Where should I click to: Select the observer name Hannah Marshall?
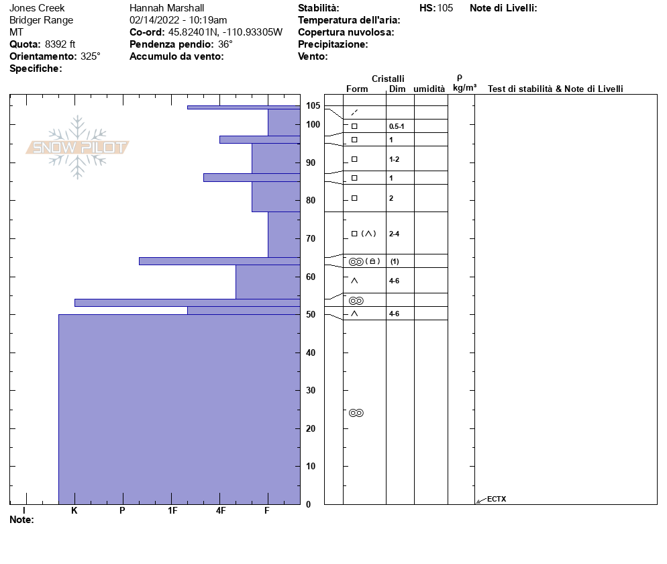click(x=166, y=8)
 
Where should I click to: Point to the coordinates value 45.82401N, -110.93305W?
click(x=225, y=32)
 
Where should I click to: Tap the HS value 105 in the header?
click(x=445, y=8)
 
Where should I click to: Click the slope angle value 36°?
click(x=225, y=44)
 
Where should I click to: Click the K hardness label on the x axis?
click(x=74, y=511)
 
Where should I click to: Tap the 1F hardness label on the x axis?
click(x=172, y=511)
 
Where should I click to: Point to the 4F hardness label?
click(x=221, y=511)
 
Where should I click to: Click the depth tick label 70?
click(x=311, y=238)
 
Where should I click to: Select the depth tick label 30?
click(x=311, y=390)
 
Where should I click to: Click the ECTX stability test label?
click(x=497, y=499)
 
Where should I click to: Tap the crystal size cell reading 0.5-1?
click(x=397, y=126)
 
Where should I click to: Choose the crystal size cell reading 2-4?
click(x=395, y=234)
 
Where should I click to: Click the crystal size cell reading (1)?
click(x=395, y=261)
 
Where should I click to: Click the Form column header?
click(x=357, y=89)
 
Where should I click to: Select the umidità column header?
click(x=429, y=89)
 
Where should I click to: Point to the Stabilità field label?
click(x=318, y=8)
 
